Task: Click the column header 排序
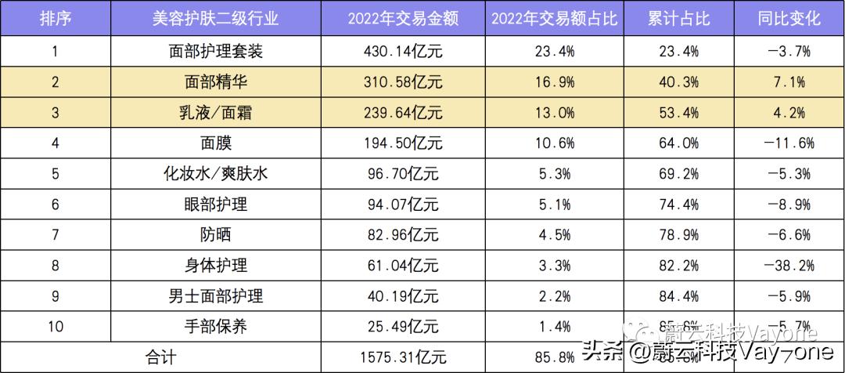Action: [55, 19]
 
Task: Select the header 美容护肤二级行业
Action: [216, 19]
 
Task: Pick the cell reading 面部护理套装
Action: [216, 53]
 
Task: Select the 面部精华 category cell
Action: [216, 82]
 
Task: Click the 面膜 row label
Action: [216, 143]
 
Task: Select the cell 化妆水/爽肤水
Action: [216, 174]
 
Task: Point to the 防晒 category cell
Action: [216, 235]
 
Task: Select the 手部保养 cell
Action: [216, 327]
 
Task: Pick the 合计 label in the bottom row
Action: [162, 357]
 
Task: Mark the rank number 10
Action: [55, 327]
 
